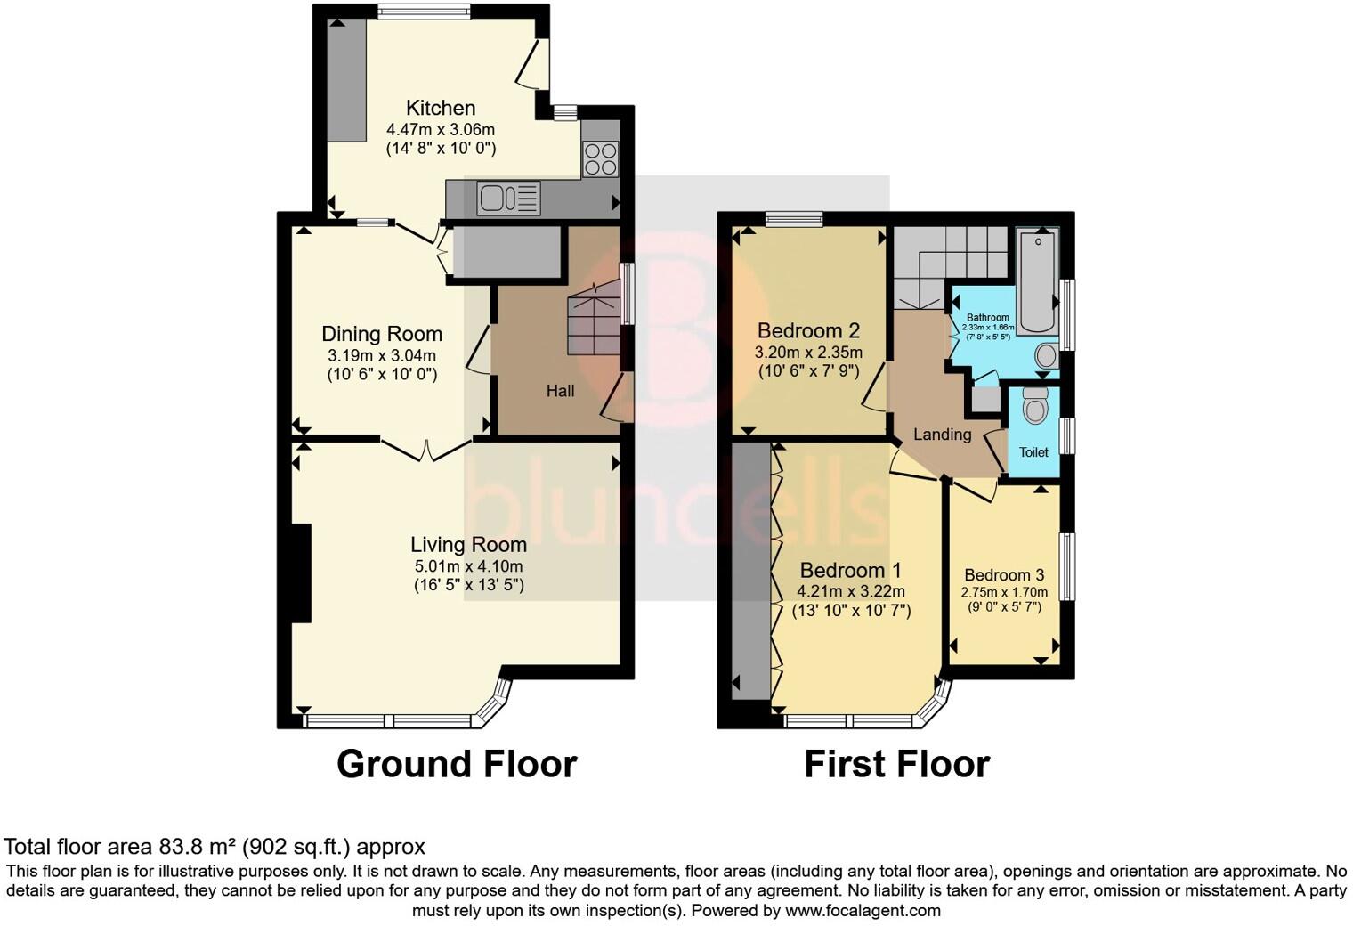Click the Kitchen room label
[441, 108]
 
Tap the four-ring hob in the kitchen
[600, 159]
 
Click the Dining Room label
[382, 334]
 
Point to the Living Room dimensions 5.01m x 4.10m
[468, 566]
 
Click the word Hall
[560, 391]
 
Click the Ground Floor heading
[457, 764]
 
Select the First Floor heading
[896, 764]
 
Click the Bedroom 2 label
[808, 330]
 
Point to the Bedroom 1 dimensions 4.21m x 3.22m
[851, 591]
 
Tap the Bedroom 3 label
[1004, 575]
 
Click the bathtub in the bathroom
[1038, 280]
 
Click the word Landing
[942, 435]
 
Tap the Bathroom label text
[988, 318]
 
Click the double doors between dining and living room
[427, 450]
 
